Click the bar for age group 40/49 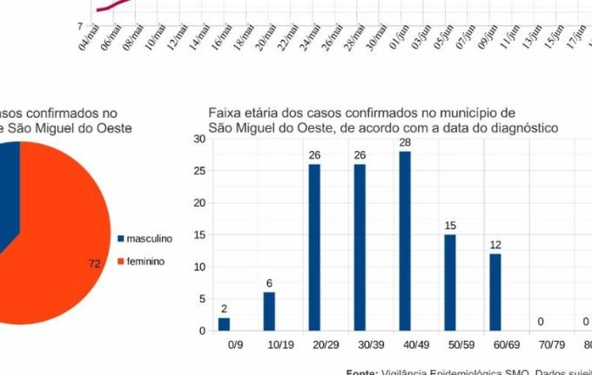coord(405,241)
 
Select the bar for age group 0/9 coord(224,324)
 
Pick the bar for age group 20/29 coord(314,248)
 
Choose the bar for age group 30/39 coord(360,248)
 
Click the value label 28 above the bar coord(405,142)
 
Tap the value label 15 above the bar coord(450,226)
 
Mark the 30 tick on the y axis coord(199,139)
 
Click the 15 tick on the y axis coord(199,235)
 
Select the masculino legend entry coord(148,238)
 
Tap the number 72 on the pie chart coord(95,263)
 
